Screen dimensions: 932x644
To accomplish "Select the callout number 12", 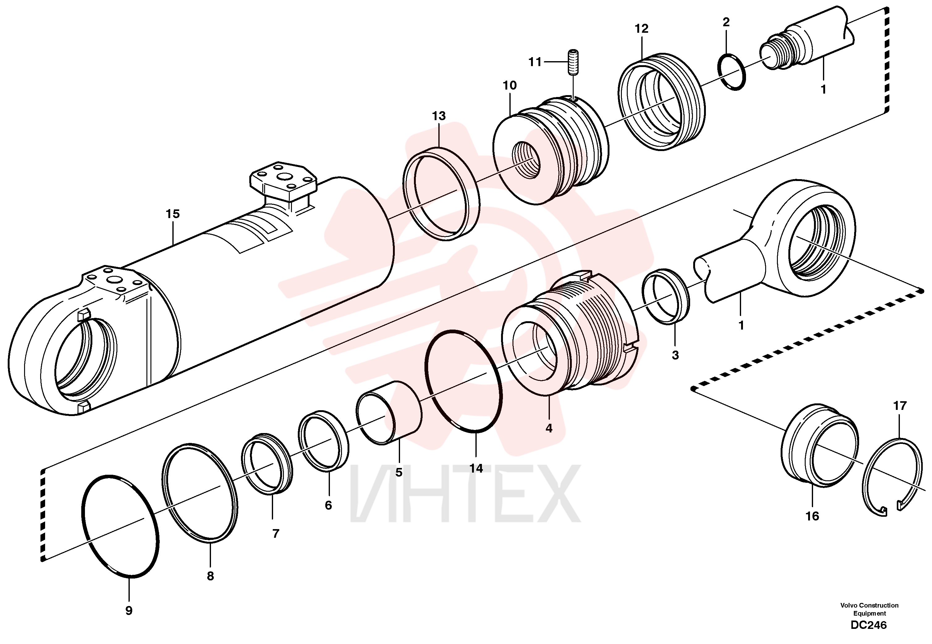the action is pos(642,29).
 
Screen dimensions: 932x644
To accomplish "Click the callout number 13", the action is pos(439,116).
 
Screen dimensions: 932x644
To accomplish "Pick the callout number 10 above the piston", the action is pos(510,86).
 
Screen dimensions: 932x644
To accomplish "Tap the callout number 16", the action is pos(812,516).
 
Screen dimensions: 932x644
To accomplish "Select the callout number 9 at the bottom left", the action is pos(129,611).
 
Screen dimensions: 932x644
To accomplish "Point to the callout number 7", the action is pos(276,533).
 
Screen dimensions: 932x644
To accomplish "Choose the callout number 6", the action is pos(328,505).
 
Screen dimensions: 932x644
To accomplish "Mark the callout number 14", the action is pos(476,469).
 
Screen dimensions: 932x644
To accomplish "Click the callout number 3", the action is pos(675,355).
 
